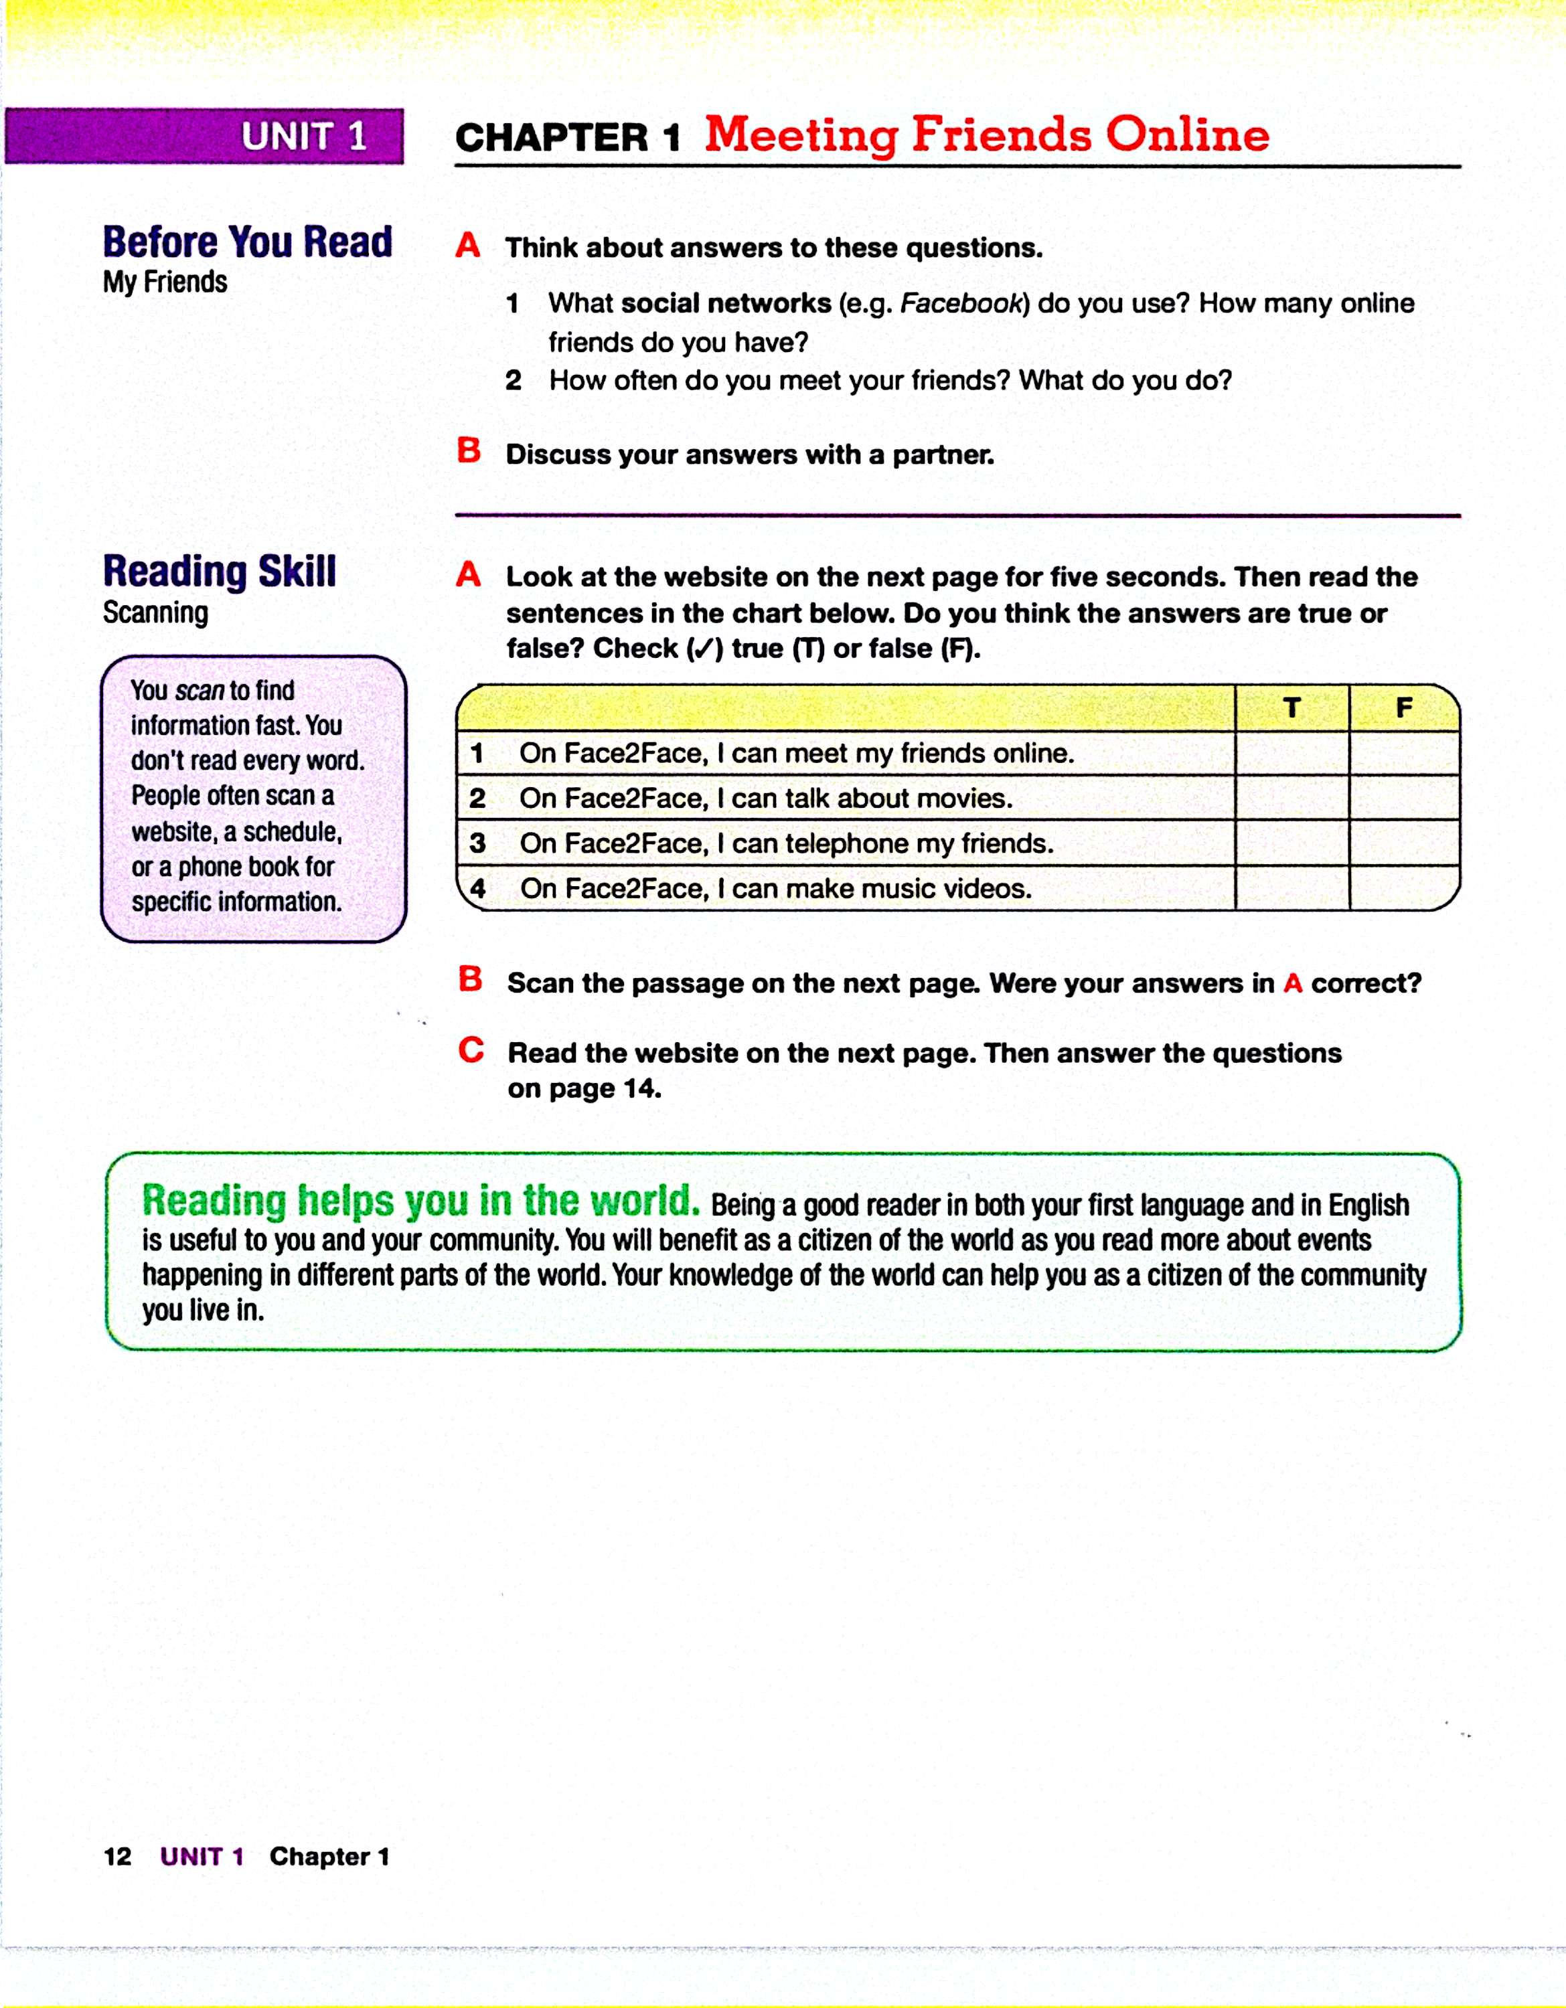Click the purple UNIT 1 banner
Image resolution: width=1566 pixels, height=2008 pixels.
[204, 136]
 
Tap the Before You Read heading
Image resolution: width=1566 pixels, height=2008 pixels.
[247, 242]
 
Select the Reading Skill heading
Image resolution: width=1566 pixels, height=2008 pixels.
[220, 571]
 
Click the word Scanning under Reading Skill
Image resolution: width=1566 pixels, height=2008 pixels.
[155, 612]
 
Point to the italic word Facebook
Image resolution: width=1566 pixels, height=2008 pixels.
[961, 303]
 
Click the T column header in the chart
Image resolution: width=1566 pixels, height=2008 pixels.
[1292, 708]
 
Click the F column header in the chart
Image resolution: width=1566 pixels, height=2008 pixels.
[1403, 708]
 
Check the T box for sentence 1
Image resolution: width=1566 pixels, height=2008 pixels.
[1292, 753]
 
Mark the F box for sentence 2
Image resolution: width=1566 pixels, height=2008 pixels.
[1403, 798]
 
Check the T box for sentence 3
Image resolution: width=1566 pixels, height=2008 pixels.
[1292, 843]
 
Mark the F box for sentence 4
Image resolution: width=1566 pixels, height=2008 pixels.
[1403, 888]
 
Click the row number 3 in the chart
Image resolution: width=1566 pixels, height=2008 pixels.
[477, 843]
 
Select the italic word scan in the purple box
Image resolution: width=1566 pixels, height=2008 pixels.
[200, 691]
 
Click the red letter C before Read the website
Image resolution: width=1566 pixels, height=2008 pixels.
[471, 1050]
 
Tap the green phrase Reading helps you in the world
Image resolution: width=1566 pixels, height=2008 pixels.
[420, 1201]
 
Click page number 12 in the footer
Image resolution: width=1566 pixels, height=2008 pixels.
[118, 1856]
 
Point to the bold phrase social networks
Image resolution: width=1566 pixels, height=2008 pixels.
[726, 303]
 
